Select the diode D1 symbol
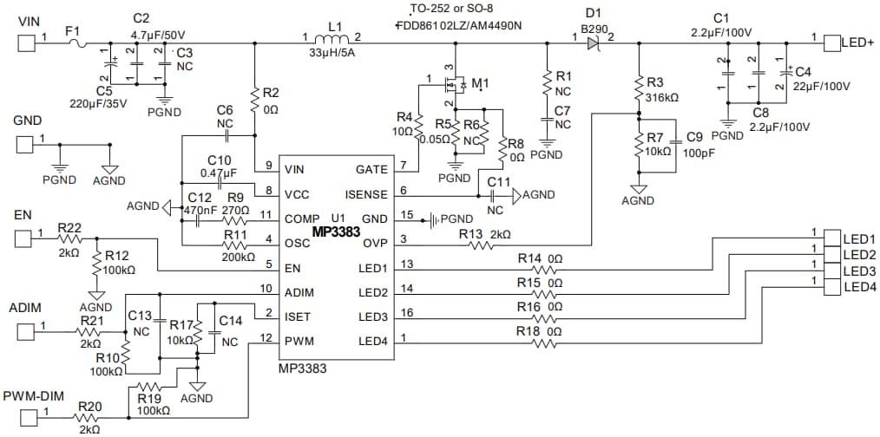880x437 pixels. pos(594,40)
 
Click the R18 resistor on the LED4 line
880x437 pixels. pos(545,342)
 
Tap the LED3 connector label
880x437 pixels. pos(859,270)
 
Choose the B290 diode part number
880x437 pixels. pos(595,27)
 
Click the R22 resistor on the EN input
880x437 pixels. pos(69,238)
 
